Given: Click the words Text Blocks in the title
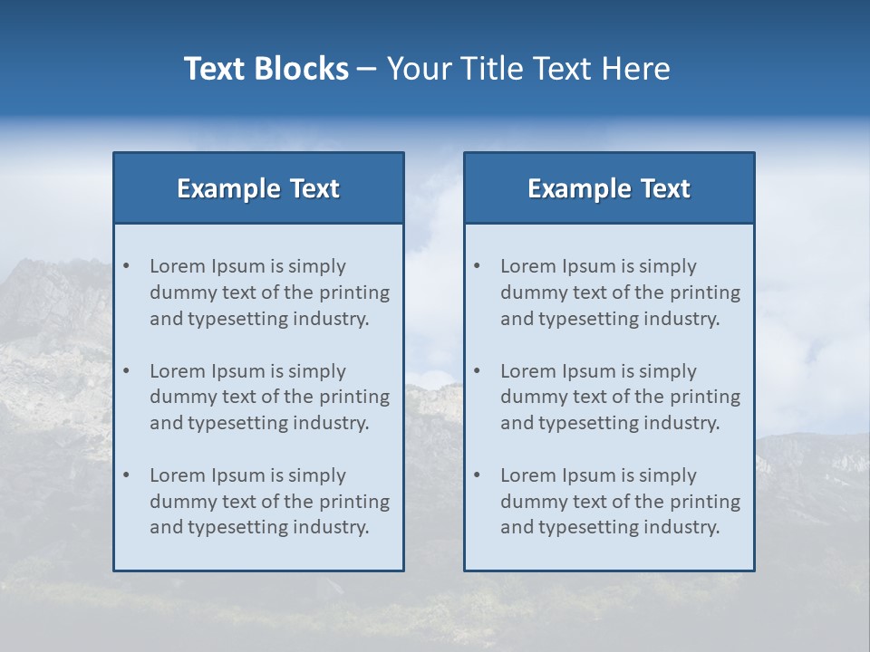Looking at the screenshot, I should point(266,69).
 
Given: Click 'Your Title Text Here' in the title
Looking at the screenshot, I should point(528,69).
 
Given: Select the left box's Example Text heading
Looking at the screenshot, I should point(258,188).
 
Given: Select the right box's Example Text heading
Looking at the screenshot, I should point(609,188).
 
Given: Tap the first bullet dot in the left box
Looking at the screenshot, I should point(126,266).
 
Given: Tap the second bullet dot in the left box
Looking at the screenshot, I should point(126,371).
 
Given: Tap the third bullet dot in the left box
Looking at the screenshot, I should point(126,475).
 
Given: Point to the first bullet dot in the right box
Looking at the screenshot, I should point(477,266).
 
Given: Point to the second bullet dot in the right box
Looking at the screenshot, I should point(477,371).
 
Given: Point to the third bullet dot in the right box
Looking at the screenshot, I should point(477,475).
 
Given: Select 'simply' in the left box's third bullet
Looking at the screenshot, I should point(316,475).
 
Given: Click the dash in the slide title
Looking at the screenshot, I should point(367,69).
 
